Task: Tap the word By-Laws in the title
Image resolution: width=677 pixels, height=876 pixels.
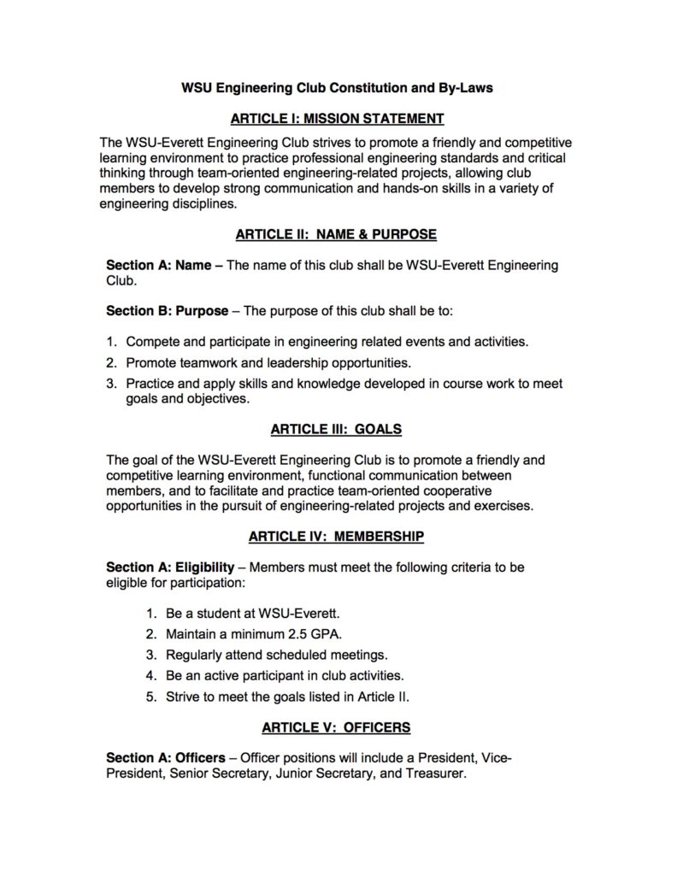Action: point(465,87)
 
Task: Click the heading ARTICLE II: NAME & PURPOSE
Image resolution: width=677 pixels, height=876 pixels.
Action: point(337,234)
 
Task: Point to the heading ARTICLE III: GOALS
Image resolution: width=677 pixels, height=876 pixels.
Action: point(337,428)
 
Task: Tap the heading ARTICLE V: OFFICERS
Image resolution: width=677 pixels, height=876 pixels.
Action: point(337,727)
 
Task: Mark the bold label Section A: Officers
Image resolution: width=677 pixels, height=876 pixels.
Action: point(170,758)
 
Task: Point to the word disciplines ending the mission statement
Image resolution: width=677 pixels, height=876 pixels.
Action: point(197,203)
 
